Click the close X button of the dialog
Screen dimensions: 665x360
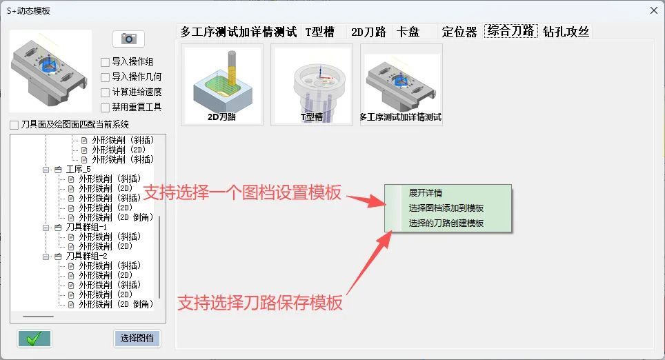point(653,10)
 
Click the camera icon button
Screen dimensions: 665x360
point(128,39)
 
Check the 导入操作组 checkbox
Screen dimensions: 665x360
point(105,62)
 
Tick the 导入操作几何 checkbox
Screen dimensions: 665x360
point(105,78)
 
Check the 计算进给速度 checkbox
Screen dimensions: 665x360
point(105,92)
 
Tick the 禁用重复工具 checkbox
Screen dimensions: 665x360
point(105,108)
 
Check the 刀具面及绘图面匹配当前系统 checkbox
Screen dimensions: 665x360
point(14,125)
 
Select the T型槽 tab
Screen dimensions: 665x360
point(320,32)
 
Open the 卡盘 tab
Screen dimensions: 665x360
point(408,32)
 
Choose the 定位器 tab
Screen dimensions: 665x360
point(459,32)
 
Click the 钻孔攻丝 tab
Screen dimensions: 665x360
point(566,32)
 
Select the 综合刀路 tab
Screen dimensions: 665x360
point(511,31)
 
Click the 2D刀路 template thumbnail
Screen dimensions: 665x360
point(222,85)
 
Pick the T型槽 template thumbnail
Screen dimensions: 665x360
point(312,85)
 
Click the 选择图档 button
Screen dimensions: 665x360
point(137,339)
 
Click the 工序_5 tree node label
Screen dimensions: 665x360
point(79,170)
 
